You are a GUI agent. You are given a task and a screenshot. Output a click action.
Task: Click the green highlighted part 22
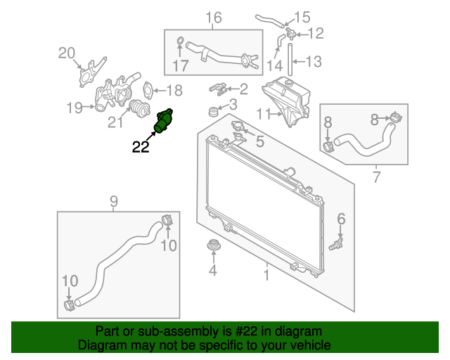point(163,122)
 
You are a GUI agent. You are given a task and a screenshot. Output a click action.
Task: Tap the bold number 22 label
point(141,146)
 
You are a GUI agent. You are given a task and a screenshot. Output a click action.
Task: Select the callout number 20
point(66,52)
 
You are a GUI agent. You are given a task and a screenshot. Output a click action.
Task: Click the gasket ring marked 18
point(148,90)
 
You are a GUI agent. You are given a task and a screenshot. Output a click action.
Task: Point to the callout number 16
point(213,17)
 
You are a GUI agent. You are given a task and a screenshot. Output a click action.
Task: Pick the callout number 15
point(302,16)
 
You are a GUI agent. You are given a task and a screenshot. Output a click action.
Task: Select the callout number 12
point(316,33)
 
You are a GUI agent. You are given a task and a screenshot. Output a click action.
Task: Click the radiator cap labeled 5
point(236,128)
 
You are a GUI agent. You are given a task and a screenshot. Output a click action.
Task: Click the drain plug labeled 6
point(335,244)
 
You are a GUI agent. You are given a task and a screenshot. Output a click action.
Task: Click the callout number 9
point(113,202)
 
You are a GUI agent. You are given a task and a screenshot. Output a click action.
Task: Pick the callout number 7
point(376,176)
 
